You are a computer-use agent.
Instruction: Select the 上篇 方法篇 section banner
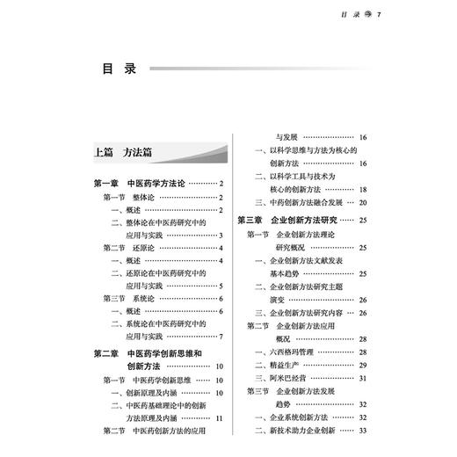[123, 152]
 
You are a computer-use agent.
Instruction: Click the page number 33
[363, 430]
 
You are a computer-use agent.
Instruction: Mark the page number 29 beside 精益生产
[363, 365]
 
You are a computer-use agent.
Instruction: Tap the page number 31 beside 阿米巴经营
[363, 377]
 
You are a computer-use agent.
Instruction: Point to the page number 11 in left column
[220, 417]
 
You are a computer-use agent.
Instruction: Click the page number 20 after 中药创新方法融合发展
[363, 202]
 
